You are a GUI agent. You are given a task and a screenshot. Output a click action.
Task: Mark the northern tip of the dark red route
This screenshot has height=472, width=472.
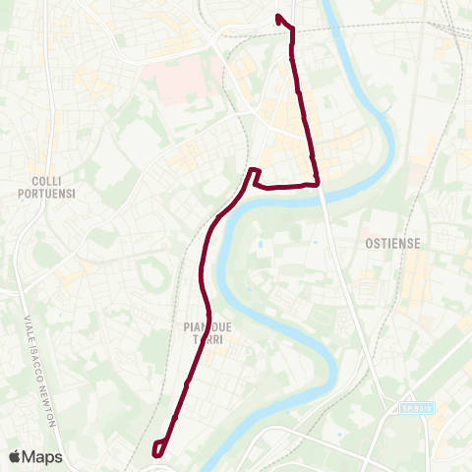[279, 17]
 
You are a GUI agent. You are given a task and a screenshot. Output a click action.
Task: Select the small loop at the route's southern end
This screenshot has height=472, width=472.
[158, 447]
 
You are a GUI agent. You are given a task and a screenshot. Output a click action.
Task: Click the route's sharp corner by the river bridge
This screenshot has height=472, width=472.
[318, 183]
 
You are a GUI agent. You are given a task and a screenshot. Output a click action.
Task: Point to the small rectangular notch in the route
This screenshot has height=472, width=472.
[253, 175]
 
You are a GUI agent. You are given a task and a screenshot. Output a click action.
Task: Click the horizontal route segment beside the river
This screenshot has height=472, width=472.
[285, 185]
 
